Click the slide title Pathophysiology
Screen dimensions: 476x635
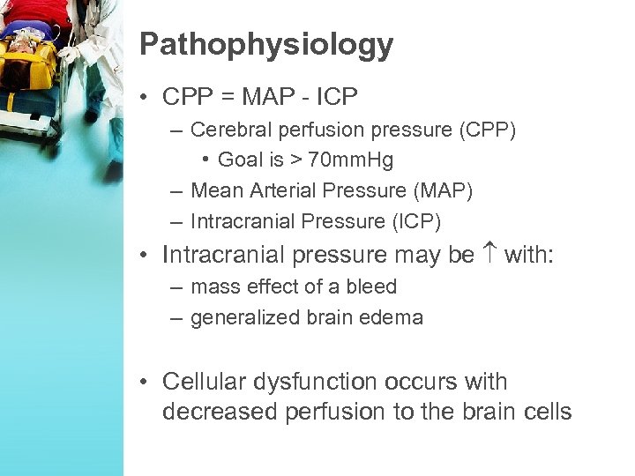(266, 46)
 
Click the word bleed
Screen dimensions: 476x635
(371, 286)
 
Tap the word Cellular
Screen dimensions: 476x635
(205, 382)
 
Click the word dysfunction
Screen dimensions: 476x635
(310, 382)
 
